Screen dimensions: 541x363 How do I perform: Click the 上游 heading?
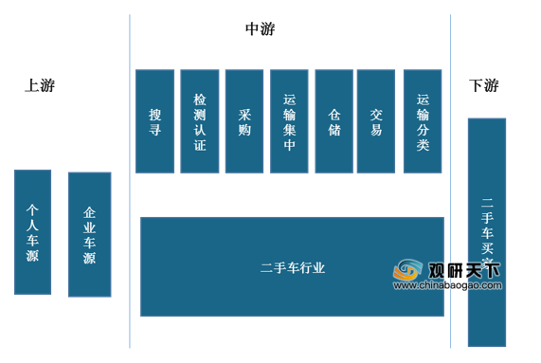coord(40,85)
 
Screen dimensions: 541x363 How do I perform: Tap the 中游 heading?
coord(260,29)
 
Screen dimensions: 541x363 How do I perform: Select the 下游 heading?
coord(483,85)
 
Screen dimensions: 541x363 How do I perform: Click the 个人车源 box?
coord(33,231)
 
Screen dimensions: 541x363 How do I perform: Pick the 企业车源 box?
coord(89,234)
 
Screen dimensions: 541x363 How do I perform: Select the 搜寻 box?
coord(154,121)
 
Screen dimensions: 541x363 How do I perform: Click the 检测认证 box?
coord(199,121)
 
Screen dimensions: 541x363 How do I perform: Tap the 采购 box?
coord(244,121)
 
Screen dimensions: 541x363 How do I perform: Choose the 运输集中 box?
coord(289,121)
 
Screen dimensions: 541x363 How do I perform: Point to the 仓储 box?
coord(334,121)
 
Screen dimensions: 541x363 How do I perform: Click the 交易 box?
coord(376,121)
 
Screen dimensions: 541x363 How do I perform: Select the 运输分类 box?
coord(423,121)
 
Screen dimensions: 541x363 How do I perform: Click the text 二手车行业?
coord(292,268)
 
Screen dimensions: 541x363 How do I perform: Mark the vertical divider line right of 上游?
coord(130,180)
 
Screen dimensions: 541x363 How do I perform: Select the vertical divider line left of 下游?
coord(450,180)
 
